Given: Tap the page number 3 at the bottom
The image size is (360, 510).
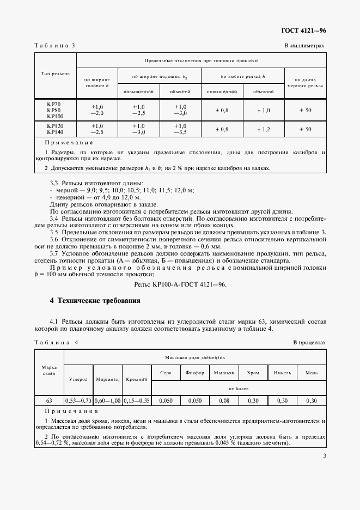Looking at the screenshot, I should [x=324, y=457].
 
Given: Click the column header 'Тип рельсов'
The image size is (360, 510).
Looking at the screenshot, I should [x=55, y=74].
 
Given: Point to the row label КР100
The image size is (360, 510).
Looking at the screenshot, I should [x=55, y=116].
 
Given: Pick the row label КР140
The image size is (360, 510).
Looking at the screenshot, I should [x=55, y=132].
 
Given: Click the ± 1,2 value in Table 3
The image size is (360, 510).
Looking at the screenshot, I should [x=263, y=129].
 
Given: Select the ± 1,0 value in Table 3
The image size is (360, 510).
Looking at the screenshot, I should [x=263, y=111].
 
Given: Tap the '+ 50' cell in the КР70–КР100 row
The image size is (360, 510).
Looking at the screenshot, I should [x=305, y=111].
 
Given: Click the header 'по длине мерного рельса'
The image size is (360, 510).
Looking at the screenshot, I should [x=305, y=83].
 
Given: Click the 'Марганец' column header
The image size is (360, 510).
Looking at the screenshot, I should [x=107, y=378].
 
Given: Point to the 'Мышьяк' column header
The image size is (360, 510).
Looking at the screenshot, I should [x=224, y=373].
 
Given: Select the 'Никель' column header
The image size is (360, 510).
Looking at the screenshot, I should [x=282, y=373].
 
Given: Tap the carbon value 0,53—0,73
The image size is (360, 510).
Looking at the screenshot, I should [x=78, y=400].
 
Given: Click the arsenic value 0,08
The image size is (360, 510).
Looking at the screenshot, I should [x=224, y=400].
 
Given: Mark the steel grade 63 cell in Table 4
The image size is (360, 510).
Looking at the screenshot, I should [x=48, y=400].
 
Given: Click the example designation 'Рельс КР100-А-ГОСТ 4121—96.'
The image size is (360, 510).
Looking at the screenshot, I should [x=180, y=284].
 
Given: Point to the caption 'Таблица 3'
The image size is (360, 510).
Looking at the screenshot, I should [x=54, y=46].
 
